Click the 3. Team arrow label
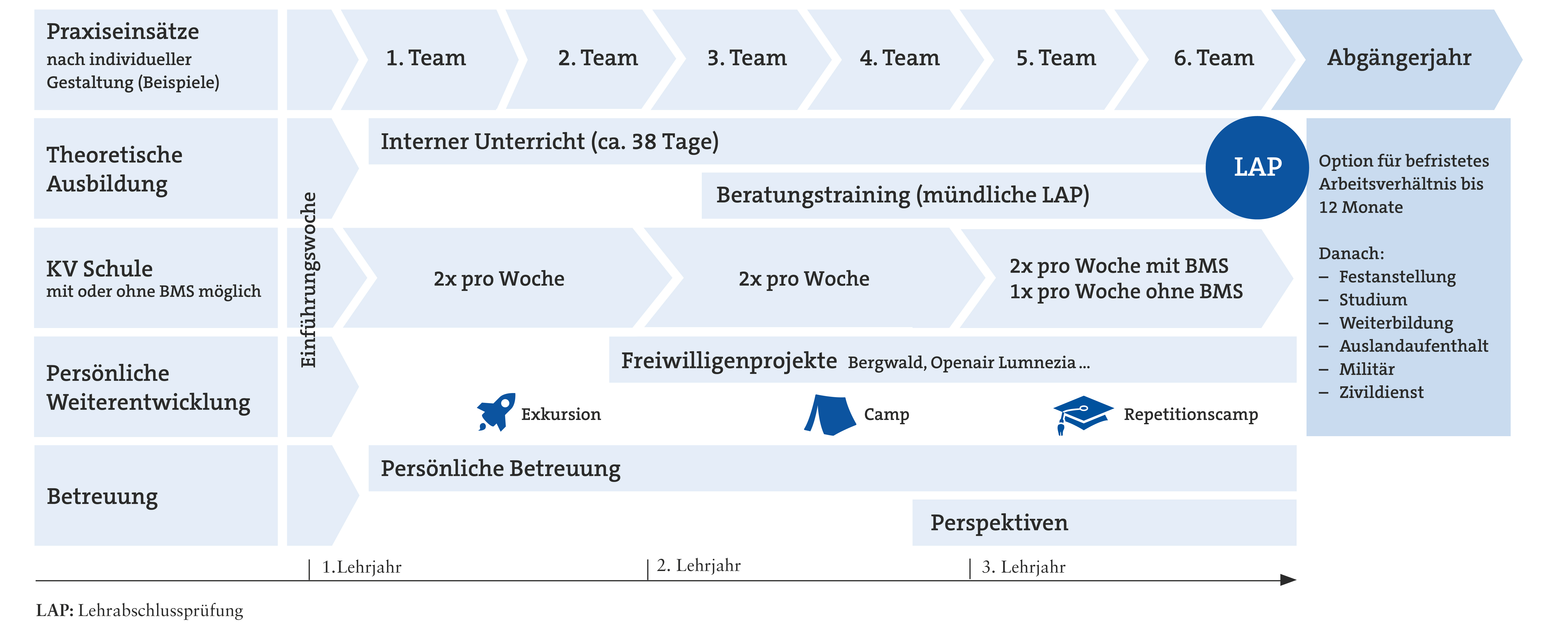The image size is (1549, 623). (747, 58)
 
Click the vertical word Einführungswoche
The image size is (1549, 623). (308, 280)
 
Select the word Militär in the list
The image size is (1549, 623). (1367, 369)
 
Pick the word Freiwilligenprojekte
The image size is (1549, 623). (729, 361)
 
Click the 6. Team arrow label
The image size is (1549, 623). (1214, 58)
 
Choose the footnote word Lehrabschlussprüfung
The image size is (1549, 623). (160, 610)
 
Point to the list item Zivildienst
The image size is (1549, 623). (1381, 392)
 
